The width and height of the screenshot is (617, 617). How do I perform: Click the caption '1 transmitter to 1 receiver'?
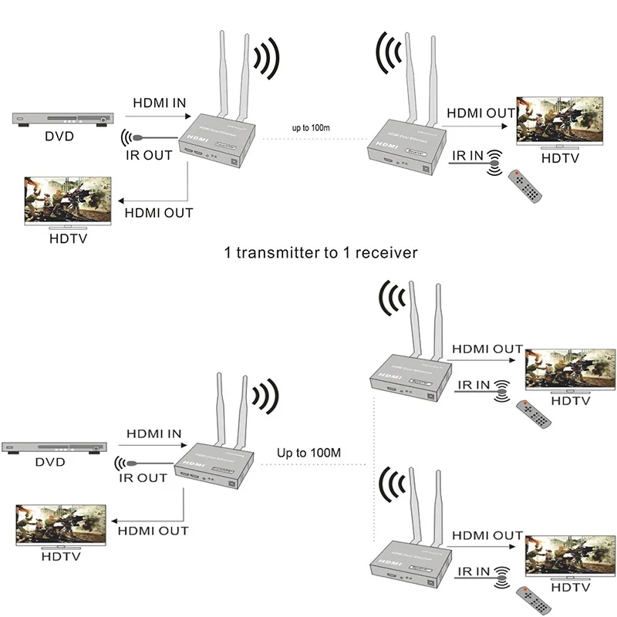(x=321, y=252)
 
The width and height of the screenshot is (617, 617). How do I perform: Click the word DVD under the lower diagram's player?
(x=50, y=462)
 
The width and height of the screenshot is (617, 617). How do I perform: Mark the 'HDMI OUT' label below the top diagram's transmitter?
(x=158, y=212)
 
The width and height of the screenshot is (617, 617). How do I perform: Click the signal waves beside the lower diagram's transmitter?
(x=267, y=397)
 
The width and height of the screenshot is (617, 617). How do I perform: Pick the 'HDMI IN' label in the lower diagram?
(x=153, y=434)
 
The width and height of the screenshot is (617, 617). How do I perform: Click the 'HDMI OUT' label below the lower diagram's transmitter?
(x=153, y=531)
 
